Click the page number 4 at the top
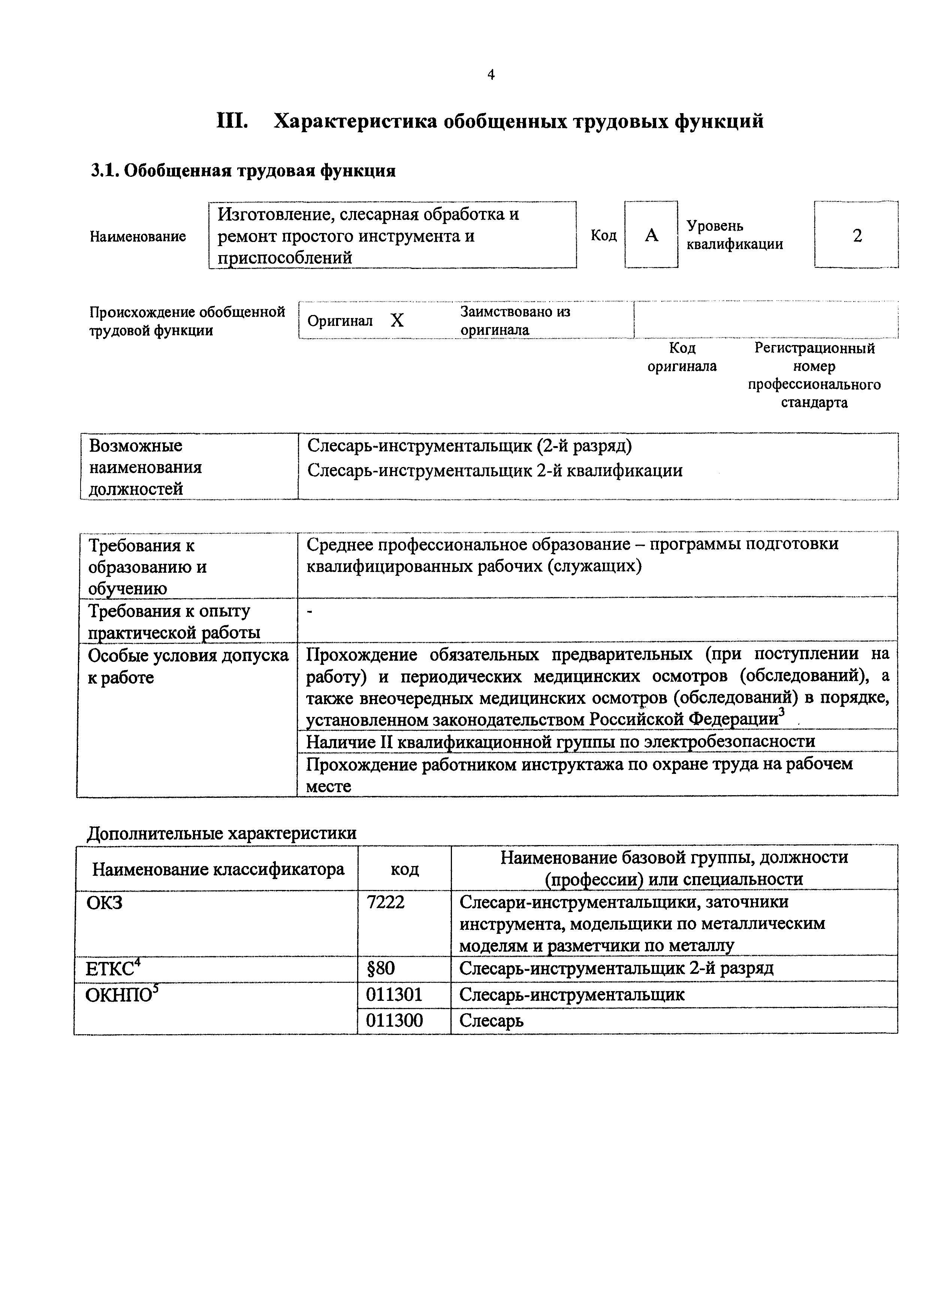tap(491, 75)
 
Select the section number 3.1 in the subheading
tap(103, 170)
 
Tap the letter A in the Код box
tap(651, 235)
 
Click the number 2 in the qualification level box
tap(857, 235)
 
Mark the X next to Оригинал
tap(397, 321)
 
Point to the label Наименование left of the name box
tap(138, 236)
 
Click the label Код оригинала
tap(681, 357)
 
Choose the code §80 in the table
tap(381, 968)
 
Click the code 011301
tap(394, 994)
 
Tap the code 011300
tap(394, 1020)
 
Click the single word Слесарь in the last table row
tap(491, 1020)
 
